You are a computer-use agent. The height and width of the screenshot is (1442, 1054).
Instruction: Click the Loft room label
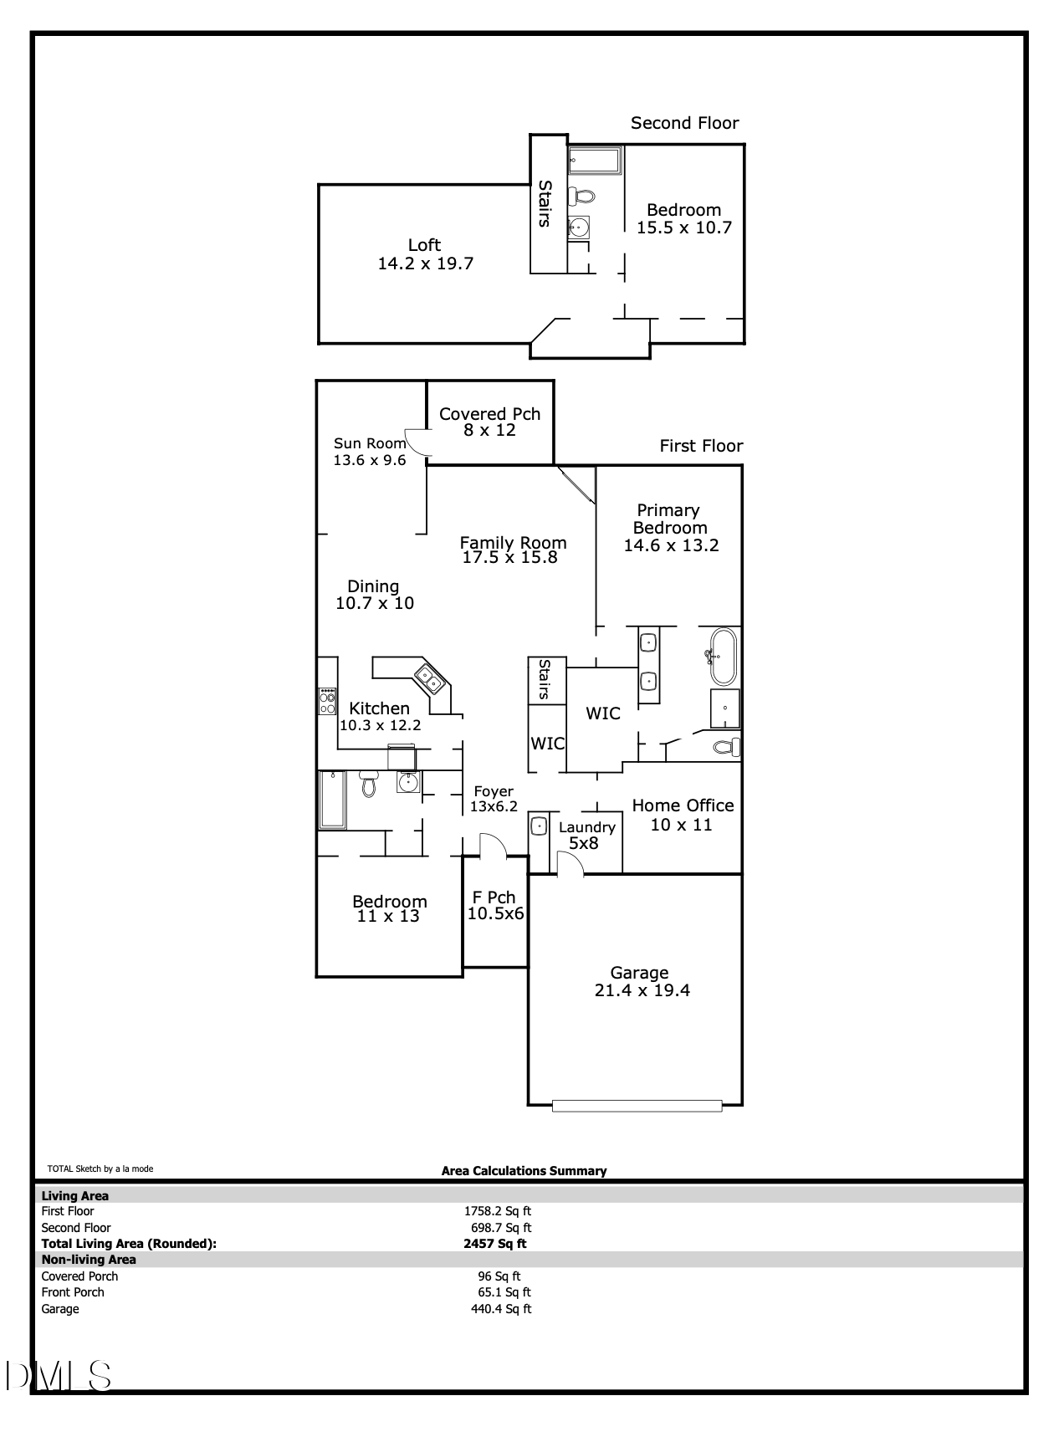coord(424,245)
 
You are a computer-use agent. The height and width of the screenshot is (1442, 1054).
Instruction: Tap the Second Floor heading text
coord(684,123)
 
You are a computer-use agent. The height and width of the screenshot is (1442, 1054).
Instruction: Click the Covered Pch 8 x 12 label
coord(489,422)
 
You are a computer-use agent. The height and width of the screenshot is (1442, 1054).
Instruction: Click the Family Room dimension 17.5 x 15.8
coord(509,557)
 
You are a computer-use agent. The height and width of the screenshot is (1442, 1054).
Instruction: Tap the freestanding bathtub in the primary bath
coord(721,657)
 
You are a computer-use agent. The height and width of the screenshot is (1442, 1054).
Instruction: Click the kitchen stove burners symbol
coord(327,701)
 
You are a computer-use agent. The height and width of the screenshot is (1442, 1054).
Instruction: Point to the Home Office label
coord(683,805)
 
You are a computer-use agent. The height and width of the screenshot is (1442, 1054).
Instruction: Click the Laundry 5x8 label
coord(586,835)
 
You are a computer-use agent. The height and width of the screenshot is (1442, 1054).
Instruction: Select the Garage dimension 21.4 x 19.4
coord(642,990)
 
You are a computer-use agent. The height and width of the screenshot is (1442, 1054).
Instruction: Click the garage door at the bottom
coord(637,1106)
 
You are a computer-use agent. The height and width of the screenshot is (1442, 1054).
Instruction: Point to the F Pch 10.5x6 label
coord(495,906)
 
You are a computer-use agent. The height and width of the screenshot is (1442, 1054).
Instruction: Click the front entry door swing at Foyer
coord(492,846)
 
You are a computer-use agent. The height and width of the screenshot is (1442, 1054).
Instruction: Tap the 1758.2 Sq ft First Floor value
coord(498,1211)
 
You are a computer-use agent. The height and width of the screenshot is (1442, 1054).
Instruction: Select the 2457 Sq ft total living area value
coord(495,1244)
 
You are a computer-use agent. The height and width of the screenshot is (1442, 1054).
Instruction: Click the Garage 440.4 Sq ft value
coord(501,1309)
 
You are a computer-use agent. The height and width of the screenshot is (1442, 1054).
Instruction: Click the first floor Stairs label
coord(545,679)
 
